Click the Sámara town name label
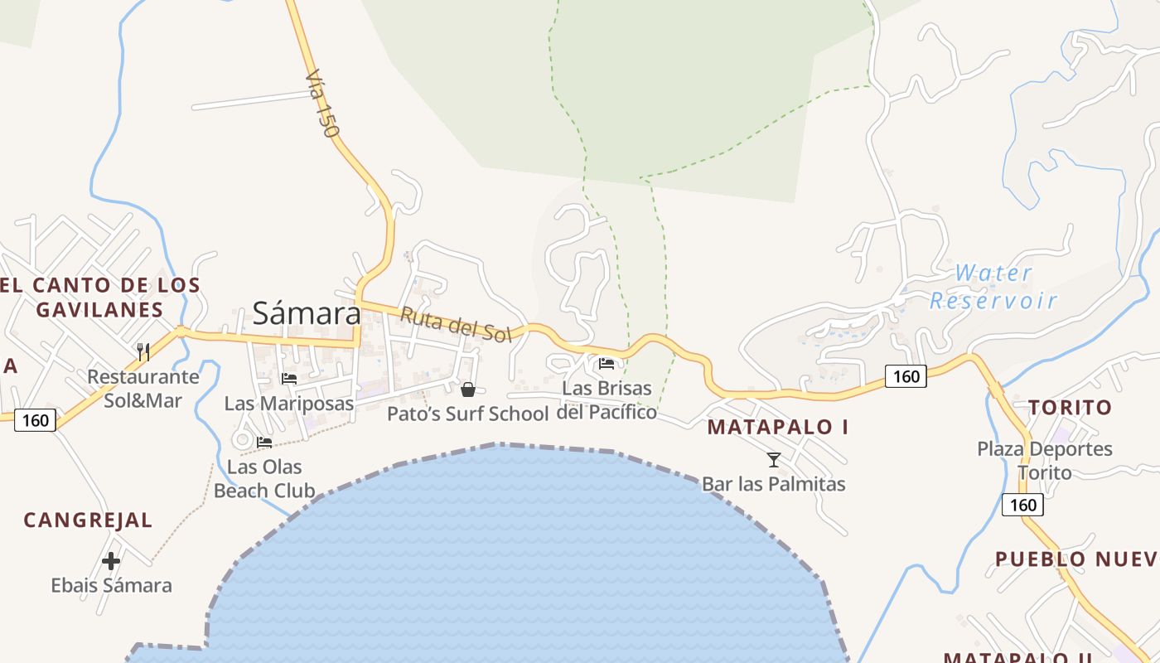point(307,313)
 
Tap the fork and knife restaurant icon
point(143,352)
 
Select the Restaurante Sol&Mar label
point(143,389)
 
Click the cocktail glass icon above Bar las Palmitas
point(774,460)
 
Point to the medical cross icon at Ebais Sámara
point(111,561)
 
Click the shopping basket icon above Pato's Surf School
point(468,390)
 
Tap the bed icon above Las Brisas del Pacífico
point(607,363)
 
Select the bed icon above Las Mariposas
point(289,379)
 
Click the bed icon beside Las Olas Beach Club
point(264,443)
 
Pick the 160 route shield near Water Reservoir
point(906,376)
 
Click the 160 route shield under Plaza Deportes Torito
point(1022,505)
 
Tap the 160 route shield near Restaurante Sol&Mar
point(35,420)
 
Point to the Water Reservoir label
point(993,287)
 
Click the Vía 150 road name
point(321,104)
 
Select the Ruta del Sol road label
point(457,324)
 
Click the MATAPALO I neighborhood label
point(778,428)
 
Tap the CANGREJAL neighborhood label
point(88,520)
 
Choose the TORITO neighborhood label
point(1070,408)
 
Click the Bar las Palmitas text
point(774,484)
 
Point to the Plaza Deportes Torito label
point(1044,461)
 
